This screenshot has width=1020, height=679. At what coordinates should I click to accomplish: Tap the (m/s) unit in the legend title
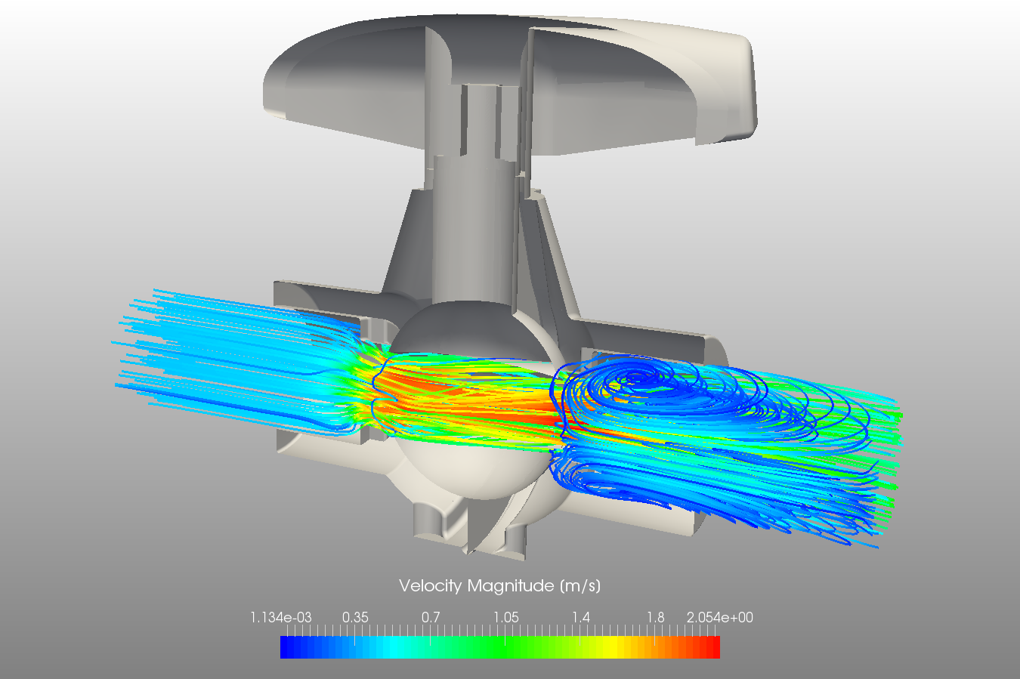580,586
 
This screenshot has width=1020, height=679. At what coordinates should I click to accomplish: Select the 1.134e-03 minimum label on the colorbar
280,618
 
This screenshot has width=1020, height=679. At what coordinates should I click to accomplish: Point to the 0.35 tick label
355,618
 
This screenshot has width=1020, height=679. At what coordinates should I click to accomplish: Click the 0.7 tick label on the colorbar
431,618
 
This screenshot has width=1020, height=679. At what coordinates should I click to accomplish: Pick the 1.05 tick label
506,618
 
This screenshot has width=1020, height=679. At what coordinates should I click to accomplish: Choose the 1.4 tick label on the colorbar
580,618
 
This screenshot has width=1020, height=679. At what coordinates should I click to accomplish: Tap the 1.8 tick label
655,618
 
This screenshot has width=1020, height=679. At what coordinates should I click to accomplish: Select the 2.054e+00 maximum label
719,618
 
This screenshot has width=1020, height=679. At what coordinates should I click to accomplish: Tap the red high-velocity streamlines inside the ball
468,400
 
